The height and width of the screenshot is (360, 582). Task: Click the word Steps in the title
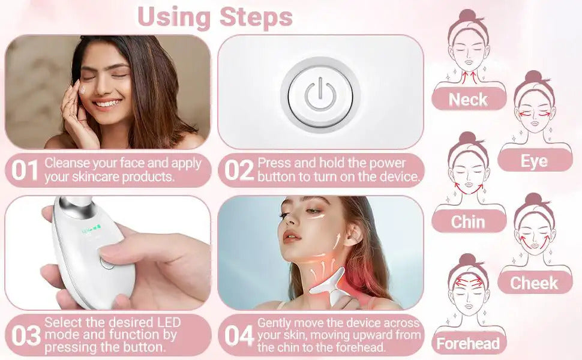click(x=256, y=17)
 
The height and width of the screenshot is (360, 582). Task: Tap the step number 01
click(x=25, y=170)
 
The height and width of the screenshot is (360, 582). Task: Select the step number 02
click(x=239, y=170)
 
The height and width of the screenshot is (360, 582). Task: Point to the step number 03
click(x=26, y=335)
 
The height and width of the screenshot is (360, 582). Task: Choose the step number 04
click(x=239, y=335)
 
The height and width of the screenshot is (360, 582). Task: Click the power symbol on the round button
click(x=320, y=95)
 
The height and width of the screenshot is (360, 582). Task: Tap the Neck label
click(x=468, y=100)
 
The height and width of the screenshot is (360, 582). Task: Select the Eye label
click(x=534, y=161)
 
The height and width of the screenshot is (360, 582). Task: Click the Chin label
click(x=468, y=222)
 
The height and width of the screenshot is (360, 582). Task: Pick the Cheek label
click(x=534, y=283)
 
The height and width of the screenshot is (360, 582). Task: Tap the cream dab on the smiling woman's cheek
click(x=82, y=89)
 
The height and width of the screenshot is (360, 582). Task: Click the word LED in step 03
click(x=169, y=322)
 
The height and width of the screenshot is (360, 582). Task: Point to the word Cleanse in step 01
click(x=67, y=163)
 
